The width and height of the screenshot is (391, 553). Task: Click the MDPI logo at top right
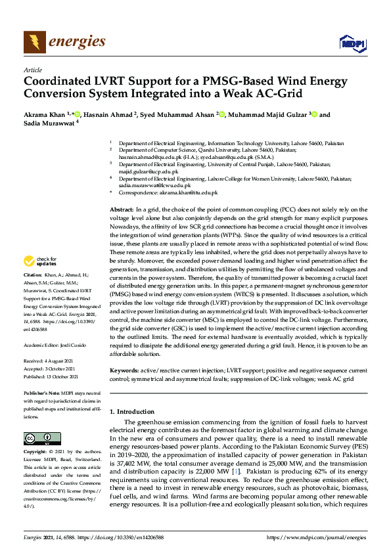(x=352, y=43)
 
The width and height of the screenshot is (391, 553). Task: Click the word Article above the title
(x=32, y=70)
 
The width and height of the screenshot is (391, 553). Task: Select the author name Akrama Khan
(x=45, y=114)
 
